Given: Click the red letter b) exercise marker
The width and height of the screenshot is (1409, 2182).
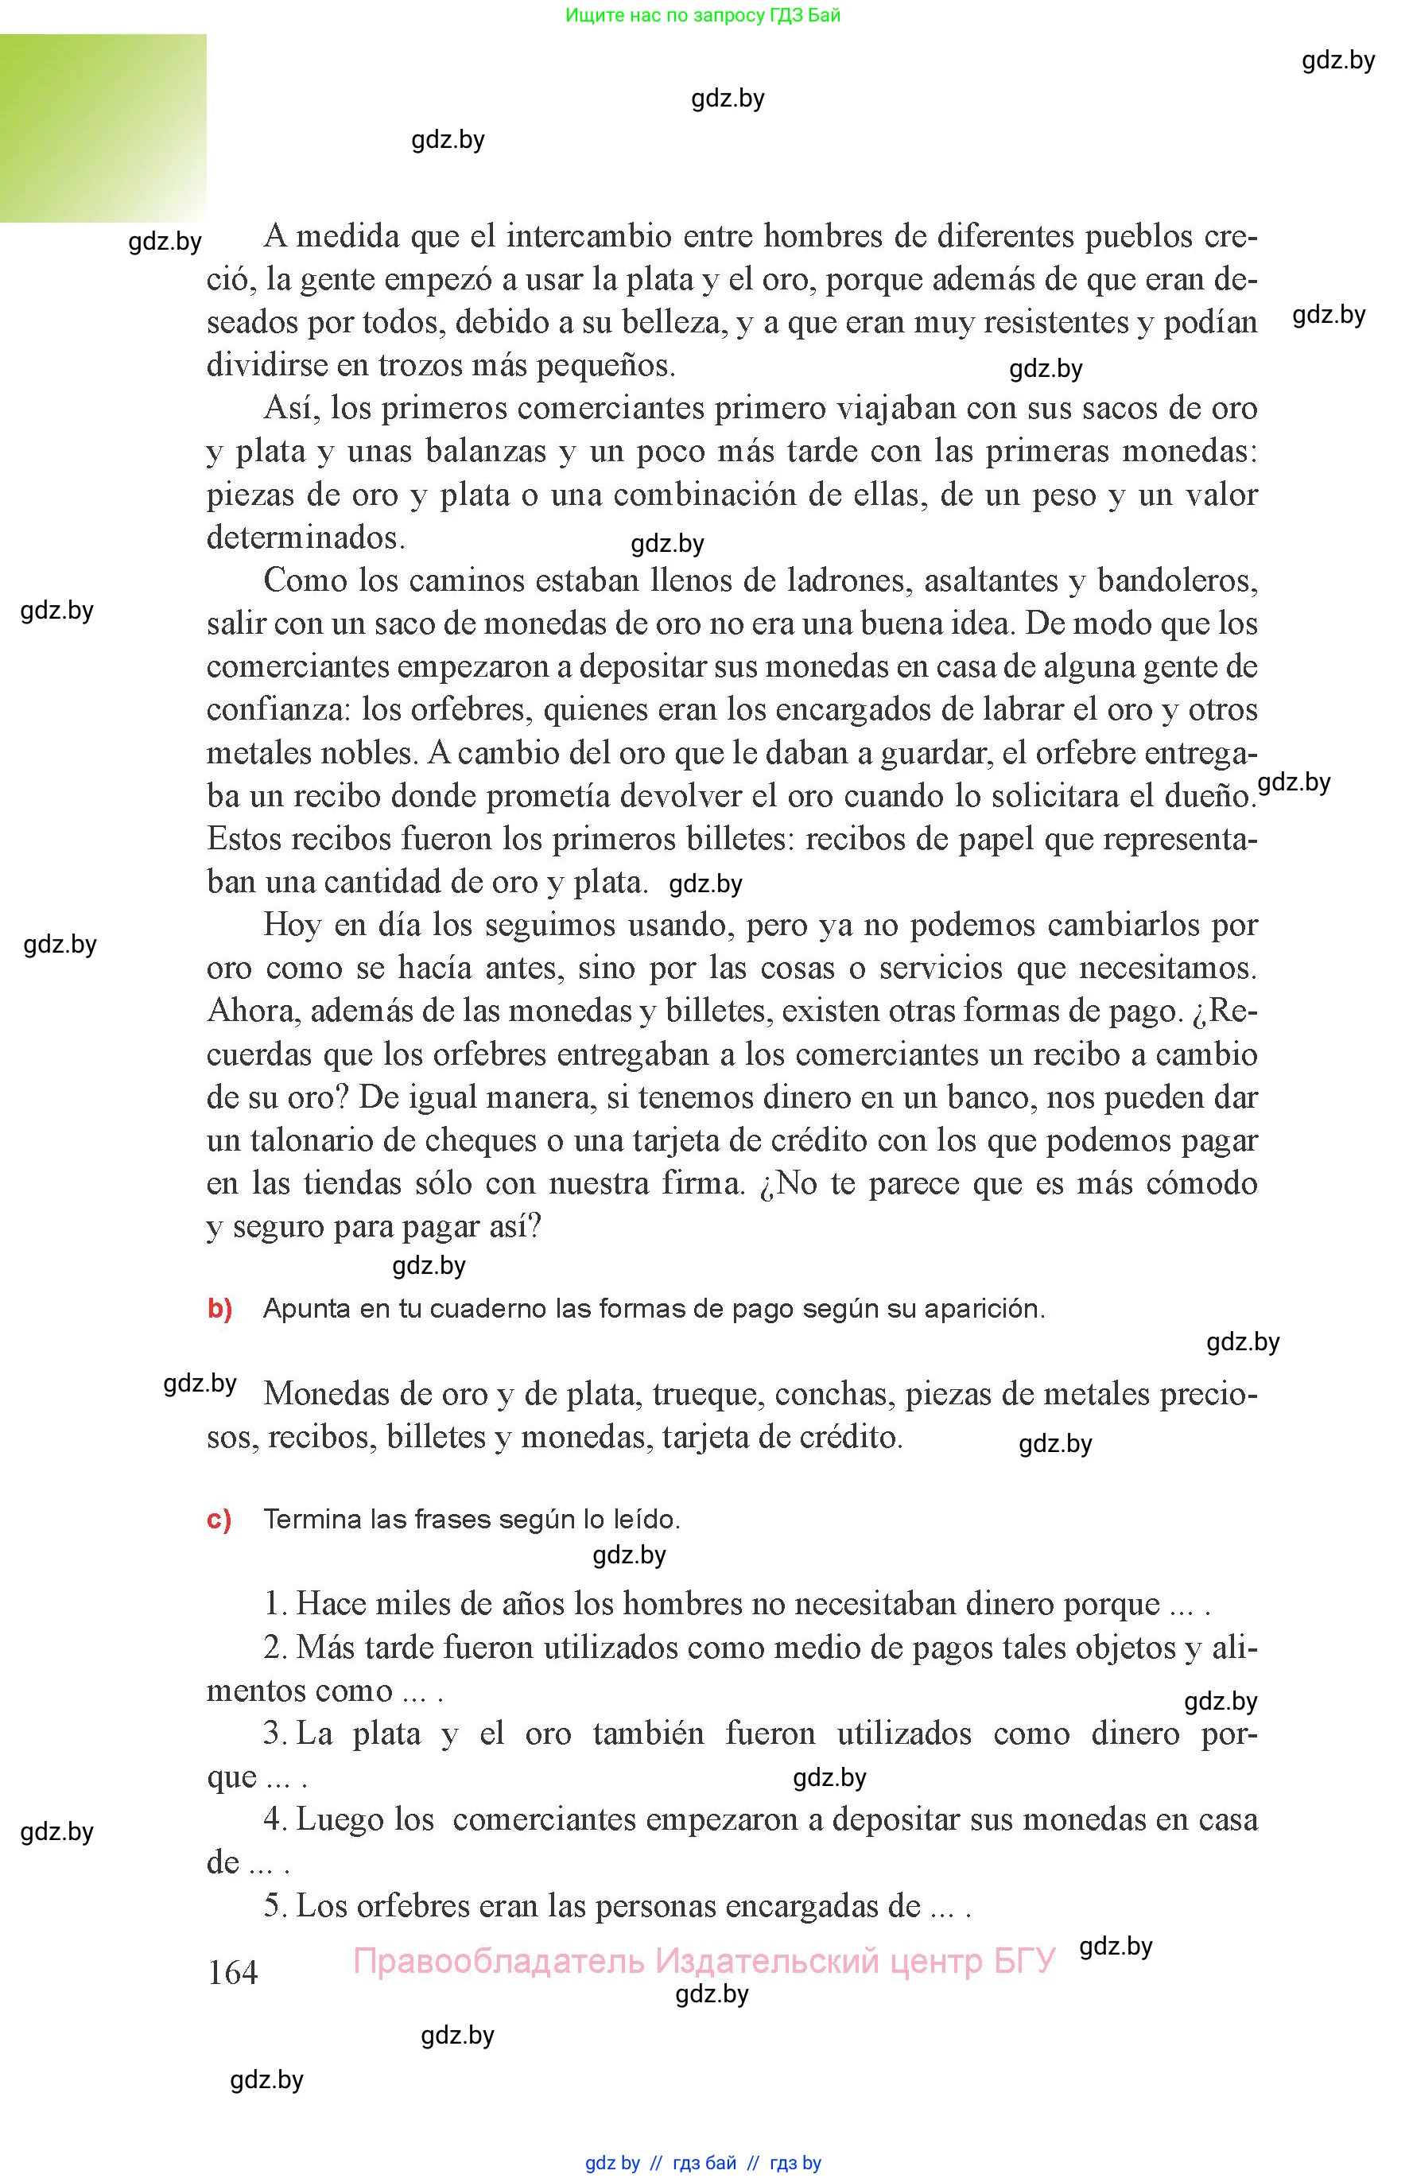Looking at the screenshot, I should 219,1308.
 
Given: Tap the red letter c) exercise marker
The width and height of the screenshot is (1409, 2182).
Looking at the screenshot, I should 219,1519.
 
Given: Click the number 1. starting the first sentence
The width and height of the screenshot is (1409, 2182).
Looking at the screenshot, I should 276,1604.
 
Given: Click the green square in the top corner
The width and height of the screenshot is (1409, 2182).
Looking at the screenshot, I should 103,128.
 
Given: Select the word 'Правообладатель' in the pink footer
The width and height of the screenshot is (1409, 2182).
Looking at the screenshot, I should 499,1961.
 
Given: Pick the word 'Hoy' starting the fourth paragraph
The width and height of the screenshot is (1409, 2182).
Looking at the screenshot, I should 293,925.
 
